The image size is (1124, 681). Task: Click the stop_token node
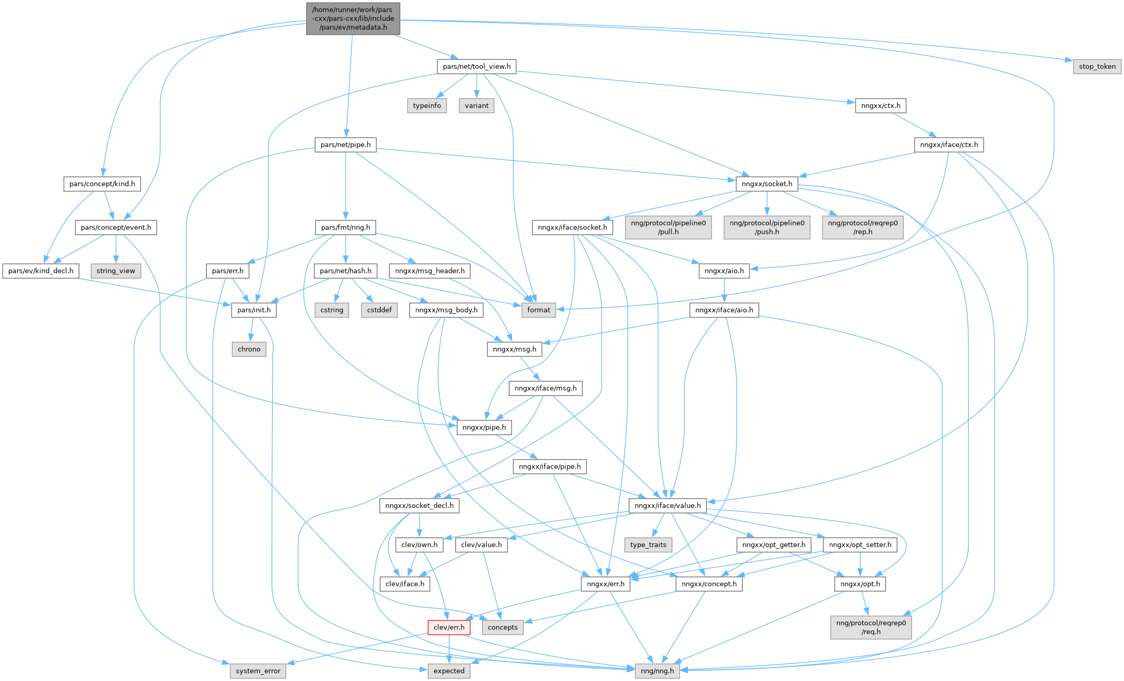pos(1097,66)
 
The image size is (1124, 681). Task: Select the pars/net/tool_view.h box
pos(476,66)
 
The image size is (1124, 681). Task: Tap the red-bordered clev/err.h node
pos(449,627)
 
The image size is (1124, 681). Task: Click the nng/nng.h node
pos(657,671)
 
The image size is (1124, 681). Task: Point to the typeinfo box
pos(427,105)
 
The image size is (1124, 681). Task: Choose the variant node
pos(476,105)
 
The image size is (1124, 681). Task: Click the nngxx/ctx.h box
pos(880,105)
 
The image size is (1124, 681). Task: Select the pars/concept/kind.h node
pos(102,184)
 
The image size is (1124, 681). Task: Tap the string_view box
pos(115,270)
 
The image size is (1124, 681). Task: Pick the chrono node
pos(249,349)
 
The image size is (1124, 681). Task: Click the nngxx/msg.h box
pos(514,349)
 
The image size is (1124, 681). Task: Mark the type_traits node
pos(648,544)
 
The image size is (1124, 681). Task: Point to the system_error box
pos(258,671)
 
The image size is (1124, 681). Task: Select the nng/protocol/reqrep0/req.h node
pos(871,627)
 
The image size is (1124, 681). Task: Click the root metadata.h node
pos(353,19)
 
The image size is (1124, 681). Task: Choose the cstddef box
pos(379,310)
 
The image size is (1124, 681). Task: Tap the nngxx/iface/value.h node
pos(667,505)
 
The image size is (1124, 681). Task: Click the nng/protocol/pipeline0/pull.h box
pos(668,228)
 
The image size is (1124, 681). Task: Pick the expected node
pos(449,671)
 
